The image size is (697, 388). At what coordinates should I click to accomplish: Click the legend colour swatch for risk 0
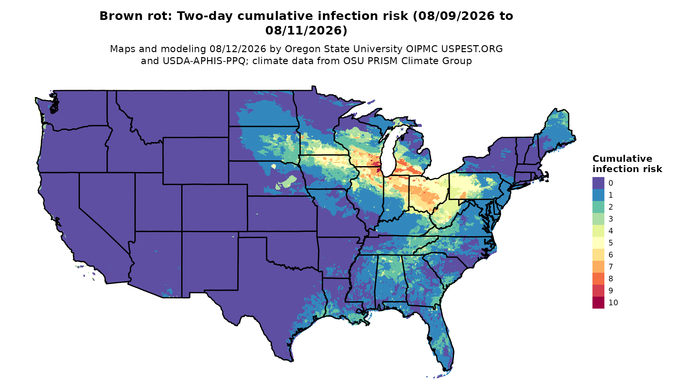[598, 183]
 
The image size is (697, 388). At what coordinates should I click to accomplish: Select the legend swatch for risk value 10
[598, 303]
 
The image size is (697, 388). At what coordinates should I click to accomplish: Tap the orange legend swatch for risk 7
[598, 267]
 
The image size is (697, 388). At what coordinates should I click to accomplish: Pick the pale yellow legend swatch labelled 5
[598, 243]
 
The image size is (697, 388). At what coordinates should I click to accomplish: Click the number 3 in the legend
[611, 219]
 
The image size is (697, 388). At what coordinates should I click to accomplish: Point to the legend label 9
[611, 291]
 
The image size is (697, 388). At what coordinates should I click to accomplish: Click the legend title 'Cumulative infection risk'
[627, 164]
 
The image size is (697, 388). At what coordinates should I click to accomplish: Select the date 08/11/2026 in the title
[306, 31]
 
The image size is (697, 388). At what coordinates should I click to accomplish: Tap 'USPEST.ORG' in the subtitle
[472, 49]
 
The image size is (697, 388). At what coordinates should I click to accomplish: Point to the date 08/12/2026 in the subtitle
[238, 49]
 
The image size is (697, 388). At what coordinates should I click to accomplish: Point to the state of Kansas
[282, 214]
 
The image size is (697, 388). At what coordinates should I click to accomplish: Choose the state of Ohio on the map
[428, 193]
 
